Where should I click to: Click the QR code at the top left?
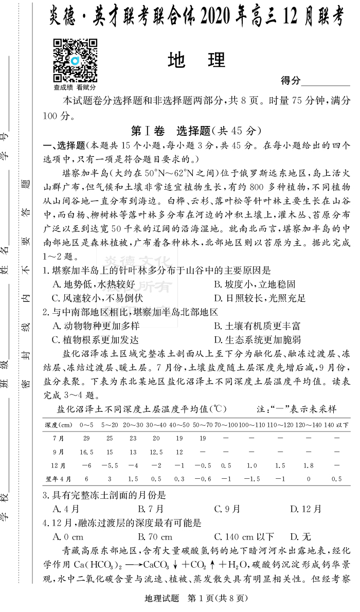click(76, 60)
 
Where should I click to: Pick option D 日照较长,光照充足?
click(259, 298)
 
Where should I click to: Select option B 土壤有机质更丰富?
click(257, 326)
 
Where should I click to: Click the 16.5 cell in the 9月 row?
click(86, 452)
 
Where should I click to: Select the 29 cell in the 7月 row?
click(86, 438)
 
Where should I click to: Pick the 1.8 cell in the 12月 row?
click(308, 465)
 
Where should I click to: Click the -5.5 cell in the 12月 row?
click(110, 465)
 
